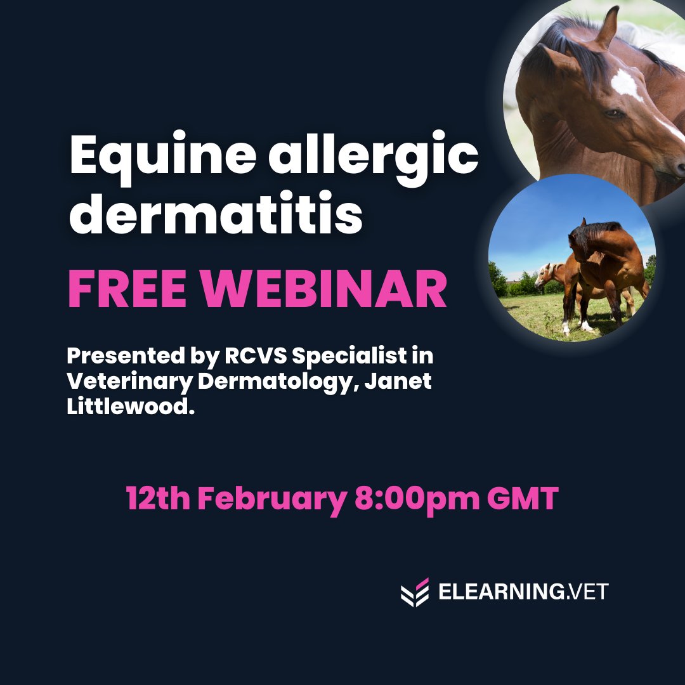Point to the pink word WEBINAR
click(x=323, y=290)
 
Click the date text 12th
click(x=158, y=499)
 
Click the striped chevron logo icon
click(x=415, y=592)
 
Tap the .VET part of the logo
click(x=586, y=592)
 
